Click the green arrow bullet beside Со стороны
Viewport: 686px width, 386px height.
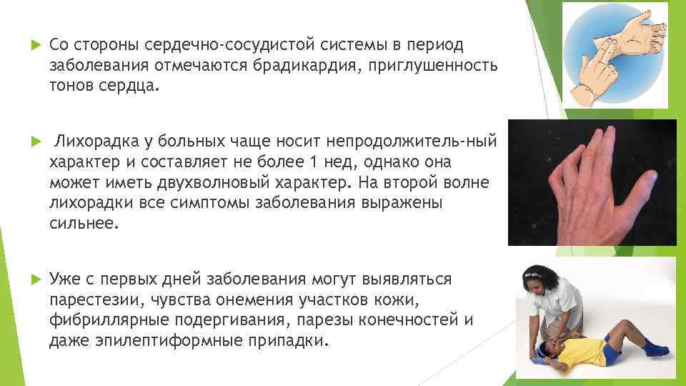tap(29, 45)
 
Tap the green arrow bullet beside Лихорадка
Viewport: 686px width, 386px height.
tap(29, 139)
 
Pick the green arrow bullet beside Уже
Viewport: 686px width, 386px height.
tap(29, 278)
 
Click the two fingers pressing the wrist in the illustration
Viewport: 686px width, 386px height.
tap(601, 53)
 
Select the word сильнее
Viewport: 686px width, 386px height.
tap(81, 223)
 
